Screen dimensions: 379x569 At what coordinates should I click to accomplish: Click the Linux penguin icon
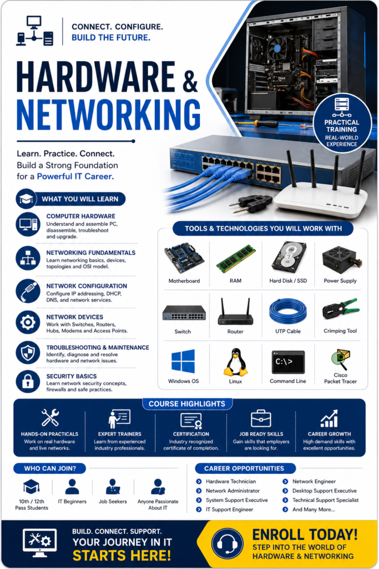point(235,362)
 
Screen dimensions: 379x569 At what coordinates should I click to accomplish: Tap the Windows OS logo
point(183,361)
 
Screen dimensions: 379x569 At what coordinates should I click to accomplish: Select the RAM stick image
point(236,259)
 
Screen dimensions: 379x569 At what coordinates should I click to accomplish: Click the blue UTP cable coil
point(288,312)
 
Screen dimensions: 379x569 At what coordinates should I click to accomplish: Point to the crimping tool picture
point(341,311)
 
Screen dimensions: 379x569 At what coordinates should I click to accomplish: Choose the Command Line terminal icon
point(288,362)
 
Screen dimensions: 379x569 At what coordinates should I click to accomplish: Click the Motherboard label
point(184,281)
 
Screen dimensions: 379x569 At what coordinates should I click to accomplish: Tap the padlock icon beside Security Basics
point(28,381)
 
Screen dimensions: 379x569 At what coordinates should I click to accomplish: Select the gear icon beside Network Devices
point(28,322)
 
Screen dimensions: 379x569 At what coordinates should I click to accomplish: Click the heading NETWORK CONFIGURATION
point(87,286)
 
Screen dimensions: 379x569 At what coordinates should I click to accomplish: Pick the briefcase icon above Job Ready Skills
point(261,418)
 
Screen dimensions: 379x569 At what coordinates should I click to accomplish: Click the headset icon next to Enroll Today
point(227,543)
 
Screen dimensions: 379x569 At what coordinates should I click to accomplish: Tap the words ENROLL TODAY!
point(305,535)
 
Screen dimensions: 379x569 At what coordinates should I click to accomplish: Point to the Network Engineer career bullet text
point(314,482)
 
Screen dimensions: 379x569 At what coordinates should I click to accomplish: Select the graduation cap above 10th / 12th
point(31,486)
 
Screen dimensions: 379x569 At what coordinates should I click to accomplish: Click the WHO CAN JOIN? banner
point(50,468)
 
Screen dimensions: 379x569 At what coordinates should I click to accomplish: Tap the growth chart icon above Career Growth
point(330,418)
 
